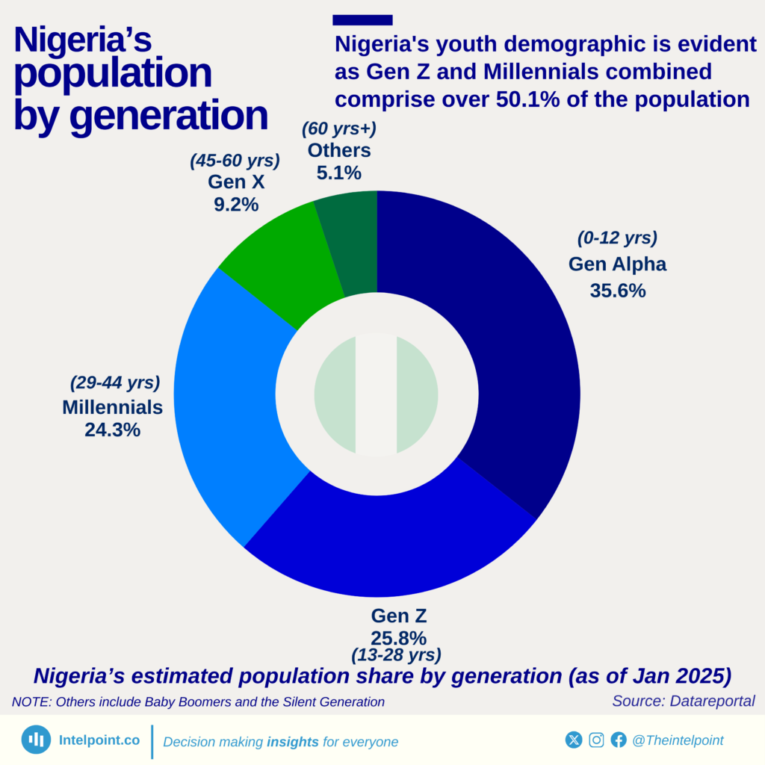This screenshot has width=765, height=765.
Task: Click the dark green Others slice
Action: coord(351,239)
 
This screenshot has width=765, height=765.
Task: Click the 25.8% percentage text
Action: coord(398,638)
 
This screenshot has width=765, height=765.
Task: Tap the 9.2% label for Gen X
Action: coord(236,204)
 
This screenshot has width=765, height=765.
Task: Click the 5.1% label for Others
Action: coord(339,173)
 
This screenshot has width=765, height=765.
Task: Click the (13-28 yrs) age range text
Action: coord(396,655)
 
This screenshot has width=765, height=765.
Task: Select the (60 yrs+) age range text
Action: coord(339,129)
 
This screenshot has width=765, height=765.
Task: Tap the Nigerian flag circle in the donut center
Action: coord(376,394)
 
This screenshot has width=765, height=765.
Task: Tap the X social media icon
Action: coord(573,740)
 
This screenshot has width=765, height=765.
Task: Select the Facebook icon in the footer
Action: coord(619,740)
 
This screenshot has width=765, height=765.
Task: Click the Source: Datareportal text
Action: coord(683,701)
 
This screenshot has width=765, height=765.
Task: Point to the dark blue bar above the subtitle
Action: coord(362,20)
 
